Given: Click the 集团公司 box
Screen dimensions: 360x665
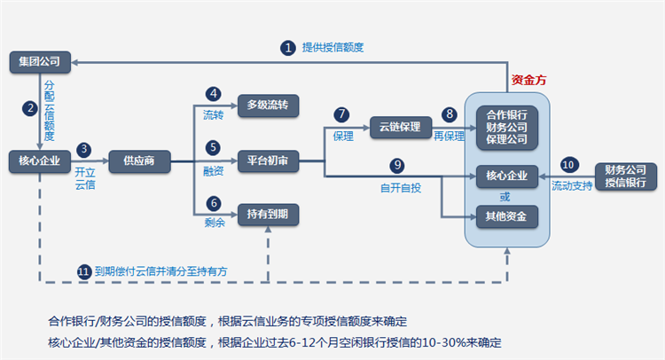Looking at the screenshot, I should click(x=39, y=61).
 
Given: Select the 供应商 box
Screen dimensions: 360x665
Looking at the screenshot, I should click(x=138, y=160).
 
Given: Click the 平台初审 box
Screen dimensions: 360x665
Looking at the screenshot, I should click(x=268, y=160).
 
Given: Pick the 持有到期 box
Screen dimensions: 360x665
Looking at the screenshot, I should click(x=268, y=213).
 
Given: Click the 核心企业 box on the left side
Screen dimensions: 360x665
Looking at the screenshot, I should click(x=39, y=160).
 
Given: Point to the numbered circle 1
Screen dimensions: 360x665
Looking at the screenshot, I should click(x=287, y=47).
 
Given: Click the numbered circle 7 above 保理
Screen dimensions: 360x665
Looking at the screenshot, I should click(x=341, y=114).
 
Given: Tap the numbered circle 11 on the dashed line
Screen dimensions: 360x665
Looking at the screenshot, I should click(x=84, y=270).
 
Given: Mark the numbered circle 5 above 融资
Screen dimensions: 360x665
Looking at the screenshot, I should click(x=213, y=147).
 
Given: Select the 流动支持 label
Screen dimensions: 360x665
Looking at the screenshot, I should click(x=571, y=187).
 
